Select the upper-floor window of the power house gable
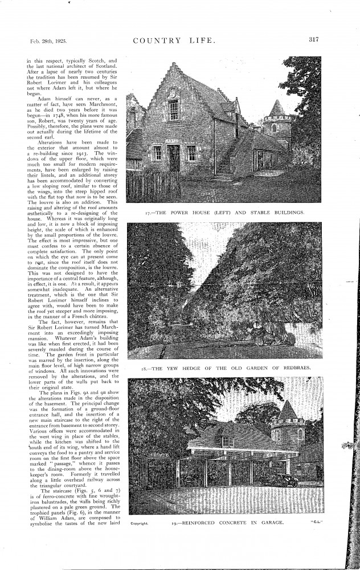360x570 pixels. click(x=173, y=109)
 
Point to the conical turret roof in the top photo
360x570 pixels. click(x=277, y=108)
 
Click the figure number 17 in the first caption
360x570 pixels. click(x=147, y=213)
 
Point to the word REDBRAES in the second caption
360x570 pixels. click(x=294, y=368)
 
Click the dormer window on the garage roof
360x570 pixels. click(x=227, y=441)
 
